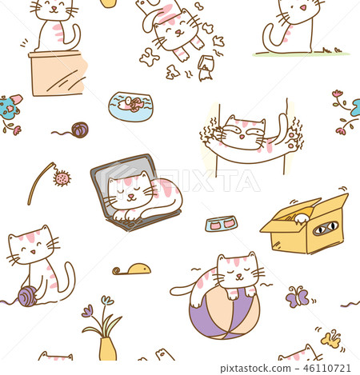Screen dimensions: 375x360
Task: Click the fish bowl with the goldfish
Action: point(130,106)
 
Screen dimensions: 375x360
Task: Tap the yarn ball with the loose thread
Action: point(79,130)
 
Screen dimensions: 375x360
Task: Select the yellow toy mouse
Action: point(133,269)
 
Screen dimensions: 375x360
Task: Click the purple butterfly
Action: point(298,297)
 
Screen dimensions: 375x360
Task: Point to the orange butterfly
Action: point(330,338)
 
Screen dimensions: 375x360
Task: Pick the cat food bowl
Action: point(221,224)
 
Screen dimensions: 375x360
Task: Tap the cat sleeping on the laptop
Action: point(140,196)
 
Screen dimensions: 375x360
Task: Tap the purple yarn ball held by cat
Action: point(27,297)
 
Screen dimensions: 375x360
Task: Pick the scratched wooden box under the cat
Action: point(57,74)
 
